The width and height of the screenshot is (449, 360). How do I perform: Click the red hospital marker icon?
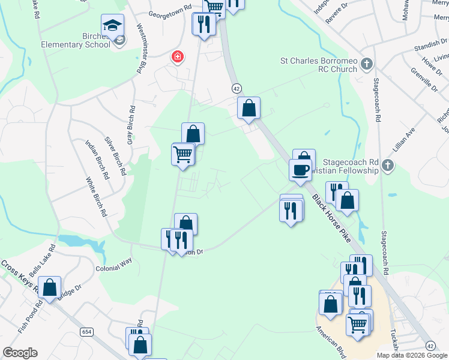click(178, 58)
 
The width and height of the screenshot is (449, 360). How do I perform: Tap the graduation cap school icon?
click(112, 25)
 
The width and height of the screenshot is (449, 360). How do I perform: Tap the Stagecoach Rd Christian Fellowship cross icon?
click(388, 166)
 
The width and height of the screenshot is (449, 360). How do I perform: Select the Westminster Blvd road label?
click(142, 49)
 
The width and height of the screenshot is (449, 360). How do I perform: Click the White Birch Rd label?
click(96, 197)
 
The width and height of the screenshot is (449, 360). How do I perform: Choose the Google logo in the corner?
click(20, 353)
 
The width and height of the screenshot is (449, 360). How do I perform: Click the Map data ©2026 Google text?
click(411, 355)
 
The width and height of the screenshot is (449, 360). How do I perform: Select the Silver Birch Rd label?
click(115, 156)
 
